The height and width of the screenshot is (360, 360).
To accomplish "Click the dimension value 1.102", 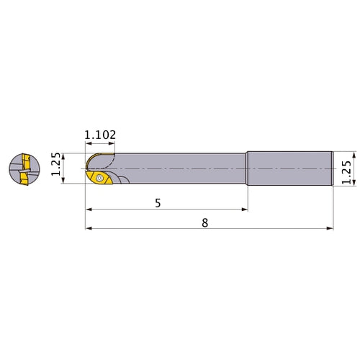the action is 100,135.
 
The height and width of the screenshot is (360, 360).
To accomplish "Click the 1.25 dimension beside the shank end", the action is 346,172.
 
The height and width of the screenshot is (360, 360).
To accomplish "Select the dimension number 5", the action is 158,203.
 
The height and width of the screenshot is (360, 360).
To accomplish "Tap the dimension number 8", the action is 204,223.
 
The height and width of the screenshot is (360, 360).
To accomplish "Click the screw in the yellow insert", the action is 99,178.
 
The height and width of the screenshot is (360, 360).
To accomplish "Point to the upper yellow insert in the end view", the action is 26,162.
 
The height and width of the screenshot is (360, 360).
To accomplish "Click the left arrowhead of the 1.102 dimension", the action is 89,143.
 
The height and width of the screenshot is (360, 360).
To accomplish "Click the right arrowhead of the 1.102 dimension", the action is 112,143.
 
